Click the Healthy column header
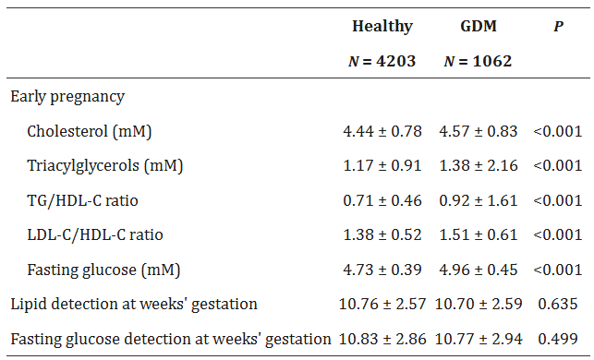coord(382,27)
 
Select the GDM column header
coord(479,27)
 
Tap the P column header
coord(558,27)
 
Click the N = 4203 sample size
coord(382,62)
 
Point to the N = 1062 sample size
coord(479,62)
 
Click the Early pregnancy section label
coord(67,96)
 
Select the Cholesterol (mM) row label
coord(89,131)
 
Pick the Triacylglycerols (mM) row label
coord(104,166)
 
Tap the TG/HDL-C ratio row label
coord(83,200)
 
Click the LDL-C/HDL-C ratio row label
coord(95,234)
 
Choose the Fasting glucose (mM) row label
coord(103,270)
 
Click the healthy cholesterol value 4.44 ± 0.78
coord(382,131)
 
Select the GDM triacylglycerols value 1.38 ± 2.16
coord(479,166)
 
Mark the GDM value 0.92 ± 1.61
coord(479,200)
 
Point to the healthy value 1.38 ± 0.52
coord(382,234)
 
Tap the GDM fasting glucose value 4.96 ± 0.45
coord(479,270)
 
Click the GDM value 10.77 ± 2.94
coord(479,339)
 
